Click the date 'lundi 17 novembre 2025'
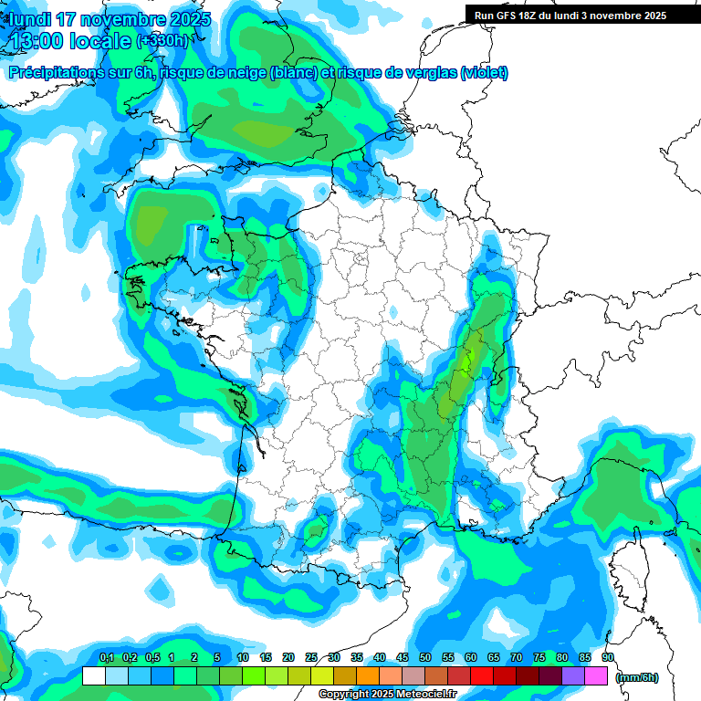pos(110,19)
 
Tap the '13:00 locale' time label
pos(69,41)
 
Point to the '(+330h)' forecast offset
pos(164,41)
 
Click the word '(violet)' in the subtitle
pos(484,73)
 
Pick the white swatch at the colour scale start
pos(93,676)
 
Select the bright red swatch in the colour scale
pos(481,676)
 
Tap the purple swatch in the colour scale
pos(573,676)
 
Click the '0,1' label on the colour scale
pos(106,658)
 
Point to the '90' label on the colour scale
pos(608,658)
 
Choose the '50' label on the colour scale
pos(425,658)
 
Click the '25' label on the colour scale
pos(311,658)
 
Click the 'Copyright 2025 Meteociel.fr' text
pos(387,695)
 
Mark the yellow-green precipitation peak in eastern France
pos(467,362)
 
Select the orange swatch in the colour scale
pos(367,676)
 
